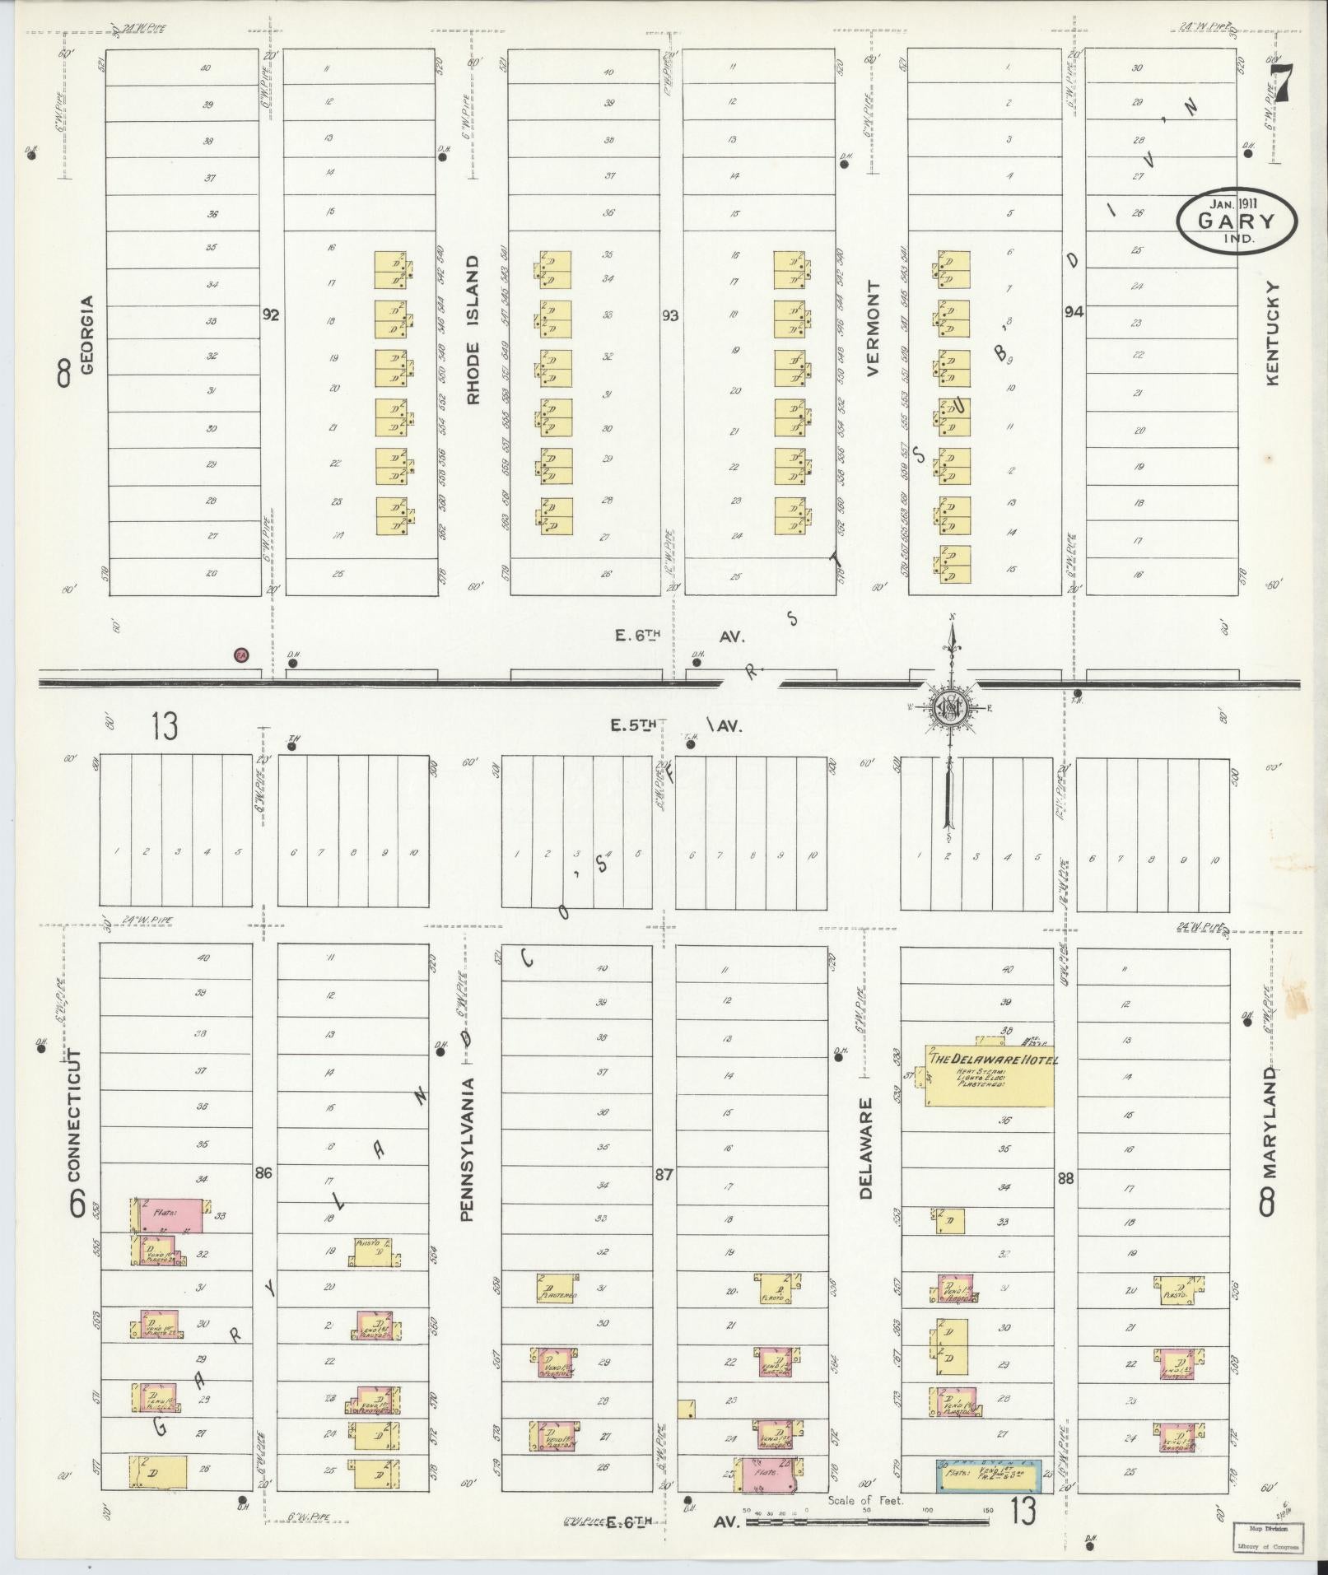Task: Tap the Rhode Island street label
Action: click(x=473, y=329)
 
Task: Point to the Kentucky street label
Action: click(x=1274, y=333)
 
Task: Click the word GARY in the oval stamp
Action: click(x=1236, y=221)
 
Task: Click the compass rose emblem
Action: click(x=950, y=706)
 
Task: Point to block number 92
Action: click(x=271, y=315)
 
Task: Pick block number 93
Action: click(x=671, y=315)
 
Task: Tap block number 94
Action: click(x=1073, y=312)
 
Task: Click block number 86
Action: click(x=263, y=1174)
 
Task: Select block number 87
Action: click(x=664, y=1176)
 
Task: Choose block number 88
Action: click(x=1066, y=1179)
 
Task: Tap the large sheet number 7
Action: click(x=1279, y=82)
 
